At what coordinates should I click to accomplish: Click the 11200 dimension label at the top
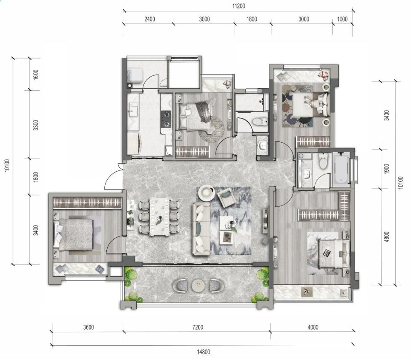tap(239, 6)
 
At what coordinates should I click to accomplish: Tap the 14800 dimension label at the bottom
tap(204, 352)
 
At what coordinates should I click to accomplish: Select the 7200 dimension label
tap(198, 327)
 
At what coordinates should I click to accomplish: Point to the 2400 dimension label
tap(150, 19)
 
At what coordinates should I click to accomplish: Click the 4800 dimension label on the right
tap(386, 237)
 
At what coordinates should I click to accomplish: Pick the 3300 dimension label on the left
tap(36, 125)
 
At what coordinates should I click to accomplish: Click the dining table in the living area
tap(159, 217)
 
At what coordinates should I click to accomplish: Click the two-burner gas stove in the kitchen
tap(166, 119)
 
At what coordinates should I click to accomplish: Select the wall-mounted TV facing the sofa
tap(265, 221)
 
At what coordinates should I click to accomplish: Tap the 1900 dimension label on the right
tap(386, 169)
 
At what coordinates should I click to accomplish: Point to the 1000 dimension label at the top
tap(342, 19)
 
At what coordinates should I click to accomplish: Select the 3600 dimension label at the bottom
tap(88, 327)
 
